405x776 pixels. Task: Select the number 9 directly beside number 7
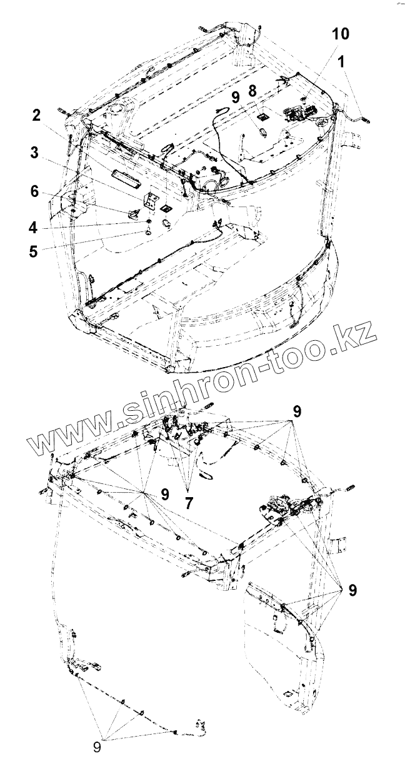(x=165, y=494)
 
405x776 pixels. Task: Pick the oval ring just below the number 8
(x=263, y=132)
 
